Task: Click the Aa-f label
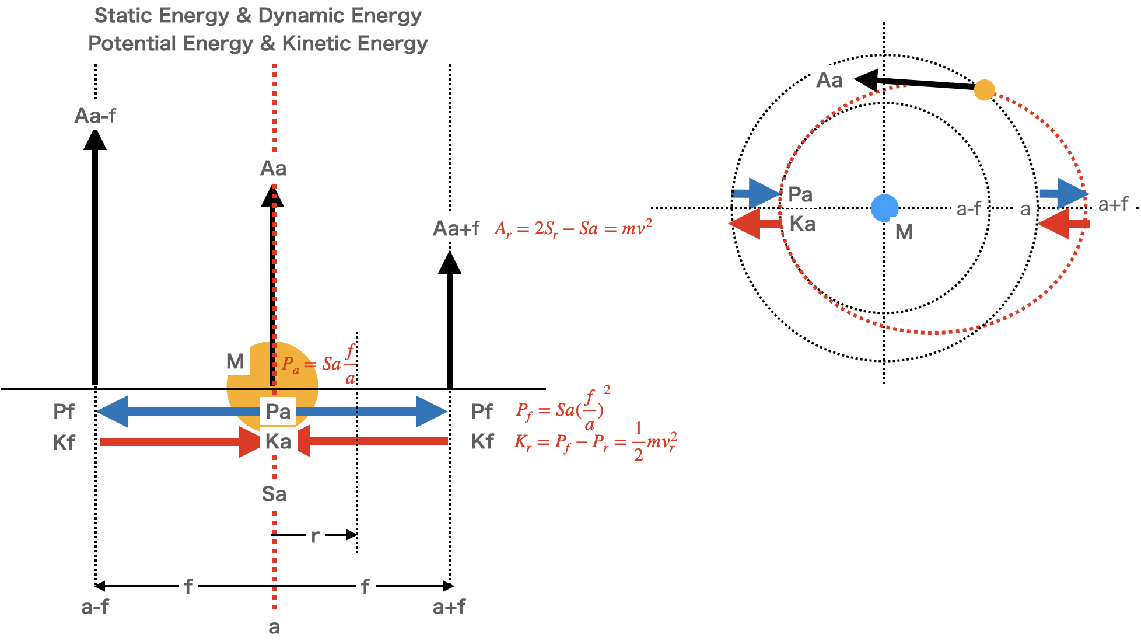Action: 96,116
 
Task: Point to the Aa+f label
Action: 456,228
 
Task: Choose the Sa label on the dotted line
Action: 274,494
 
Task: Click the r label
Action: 315,535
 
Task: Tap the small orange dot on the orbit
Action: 984,90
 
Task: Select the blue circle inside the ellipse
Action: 884,207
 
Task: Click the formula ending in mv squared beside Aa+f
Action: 573,228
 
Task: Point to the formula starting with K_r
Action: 596,441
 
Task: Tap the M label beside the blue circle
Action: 904,232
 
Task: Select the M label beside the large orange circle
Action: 235,361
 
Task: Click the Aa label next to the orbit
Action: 829,80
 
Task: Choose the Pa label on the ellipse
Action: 800,194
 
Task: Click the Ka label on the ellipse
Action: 802,224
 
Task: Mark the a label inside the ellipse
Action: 1025,209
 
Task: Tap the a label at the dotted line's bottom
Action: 274,627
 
